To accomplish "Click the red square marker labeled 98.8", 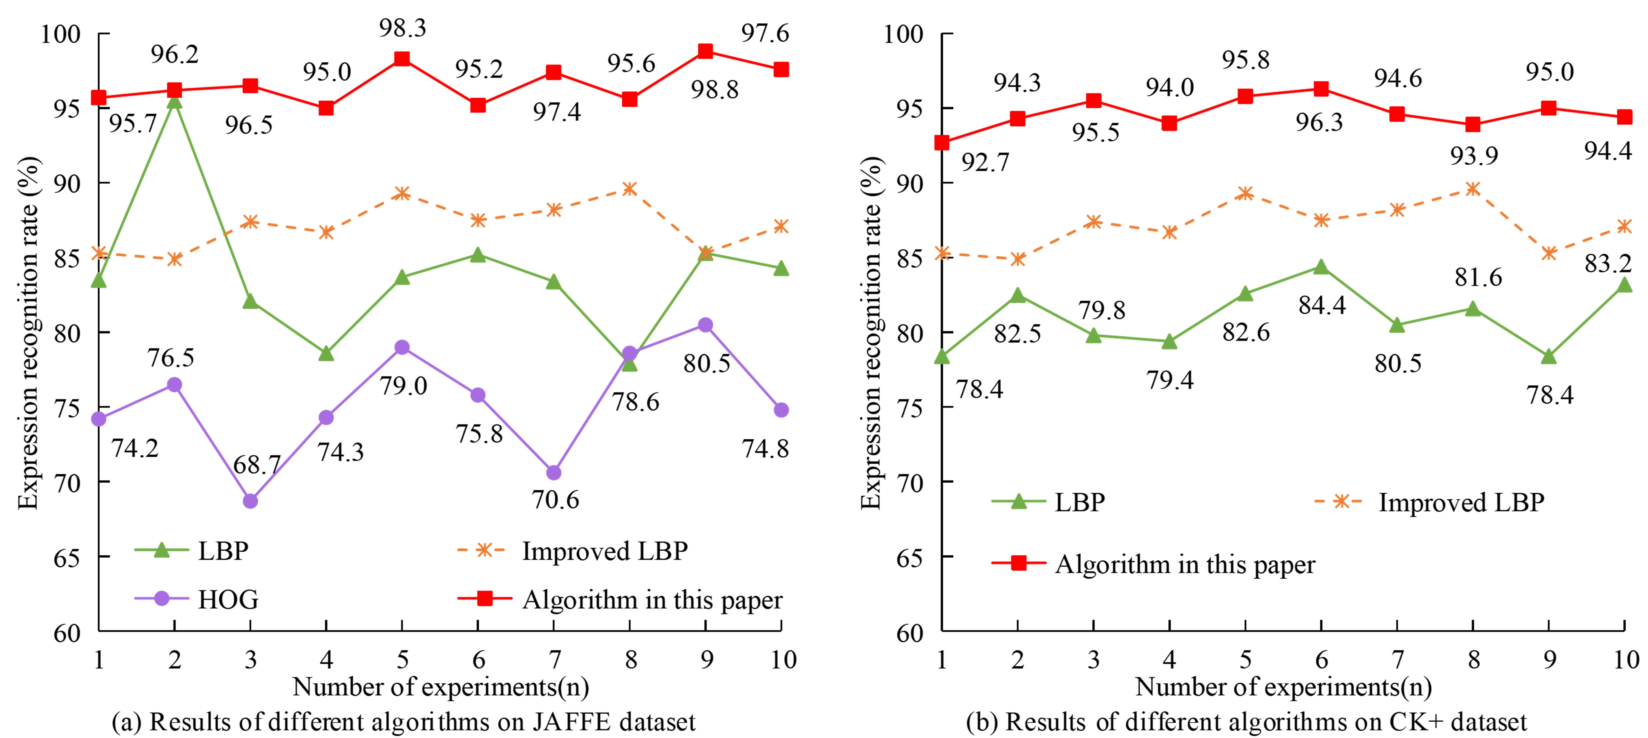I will (705, 51).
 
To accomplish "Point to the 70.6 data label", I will (555, 499).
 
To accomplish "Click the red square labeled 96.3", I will (1321, 89).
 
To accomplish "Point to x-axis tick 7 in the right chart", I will (1397, 659).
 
